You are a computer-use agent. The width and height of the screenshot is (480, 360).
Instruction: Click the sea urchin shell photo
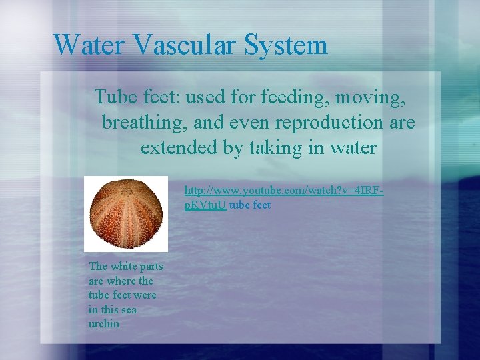pyautogui.click(x=125, y=213)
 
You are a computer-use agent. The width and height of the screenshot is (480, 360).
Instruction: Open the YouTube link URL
pyautogui.click(x=283, y=191)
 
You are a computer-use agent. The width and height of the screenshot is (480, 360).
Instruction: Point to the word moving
pyautogui.click(x=370, y=98)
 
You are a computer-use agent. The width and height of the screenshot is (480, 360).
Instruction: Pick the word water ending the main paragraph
pyautogui.click(x=354, y=147)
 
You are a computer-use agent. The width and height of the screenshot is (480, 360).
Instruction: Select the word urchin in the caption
pyautogui.click(x=104, y=324)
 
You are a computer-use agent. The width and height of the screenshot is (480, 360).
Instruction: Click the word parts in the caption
pyautogui.click(x=152, y=267)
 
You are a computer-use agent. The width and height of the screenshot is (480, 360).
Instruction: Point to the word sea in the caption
pyautogui.click(x=129, y=309)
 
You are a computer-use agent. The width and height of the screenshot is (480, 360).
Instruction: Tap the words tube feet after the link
pyautogui.click(x=250, y=205)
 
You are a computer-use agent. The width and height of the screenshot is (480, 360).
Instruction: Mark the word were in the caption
pyautogui.click(x=145, y=295)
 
